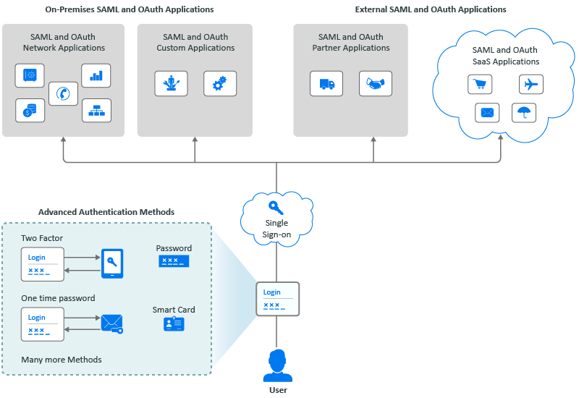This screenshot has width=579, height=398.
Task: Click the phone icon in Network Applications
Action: coord(64,93)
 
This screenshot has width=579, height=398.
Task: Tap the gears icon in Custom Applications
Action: coord(219,83)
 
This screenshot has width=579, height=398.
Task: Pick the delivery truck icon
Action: coord(326,83)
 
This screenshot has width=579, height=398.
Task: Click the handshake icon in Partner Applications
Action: coord(375,83)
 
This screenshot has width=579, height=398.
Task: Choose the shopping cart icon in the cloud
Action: coord(479,85)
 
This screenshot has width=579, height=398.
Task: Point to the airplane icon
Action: coord(531,84)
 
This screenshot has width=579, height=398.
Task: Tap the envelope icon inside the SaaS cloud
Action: coord(487,112)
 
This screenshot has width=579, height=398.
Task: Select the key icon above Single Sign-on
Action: coord(276,208)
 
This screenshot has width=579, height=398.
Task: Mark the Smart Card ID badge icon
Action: coord(174,324)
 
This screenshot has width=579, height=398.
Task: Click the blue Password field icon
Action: coord(174,261)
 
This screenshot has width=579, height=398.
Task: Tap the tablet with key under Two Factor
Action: coord(112,263)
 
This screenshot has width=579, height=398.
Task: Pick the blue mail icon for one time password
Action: coord(111,323)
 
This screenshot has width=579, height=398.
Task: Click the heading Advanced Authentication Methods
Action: coord(106,212)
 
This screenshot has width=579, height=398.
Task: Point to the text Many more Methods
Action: coord(62,360)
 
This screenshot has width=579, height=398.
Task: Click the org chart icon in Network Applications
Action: coord(96,110)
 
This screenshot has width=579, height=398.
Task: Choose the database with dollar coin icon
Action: coord(30,110)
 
